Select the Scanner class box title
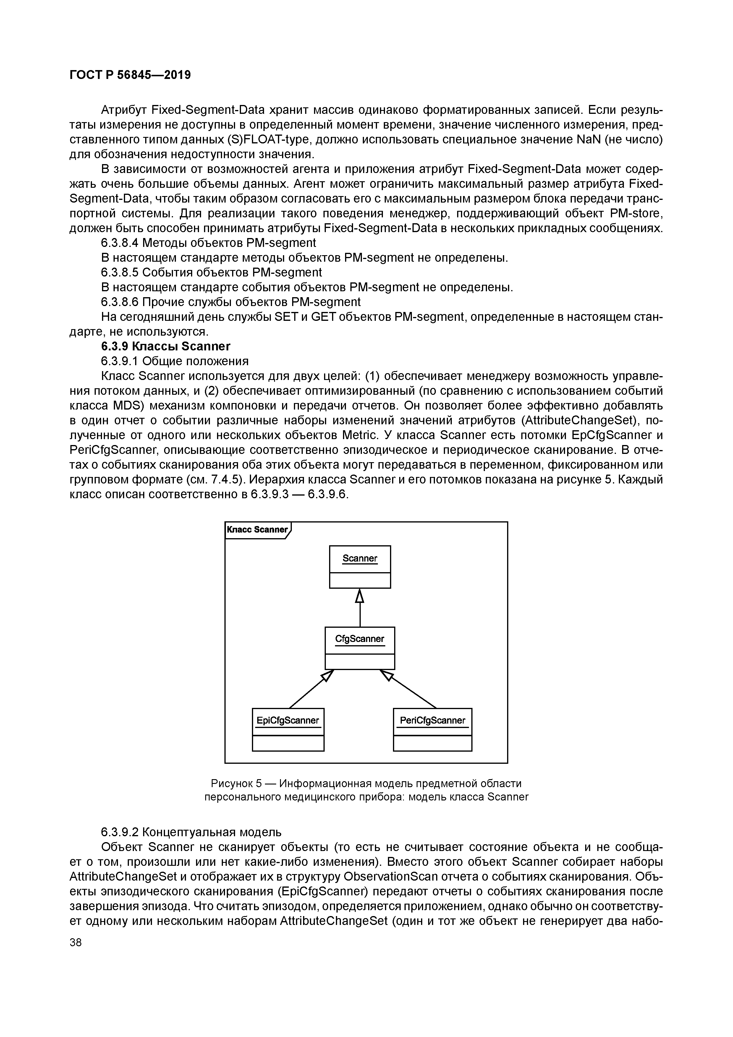pyautogui.click(x=360, y=559)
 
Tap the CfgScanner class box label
pyautogui.click(x=360, y=639)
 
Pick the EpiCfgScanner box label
pyautogui.click(x=288, y=720)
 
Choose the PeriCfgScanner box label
pyautogui.click(x=432, y=720)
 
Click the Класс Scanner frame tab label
pyautogui.click(x=257, y=529)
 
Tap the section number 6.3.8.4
pyautogui.click(x=119, y=243)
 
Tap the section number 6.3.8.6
pyautogui.click(x=119, y=302)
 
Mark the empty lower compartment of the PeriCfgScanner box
pyautogui.click(x=432, y=743)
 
